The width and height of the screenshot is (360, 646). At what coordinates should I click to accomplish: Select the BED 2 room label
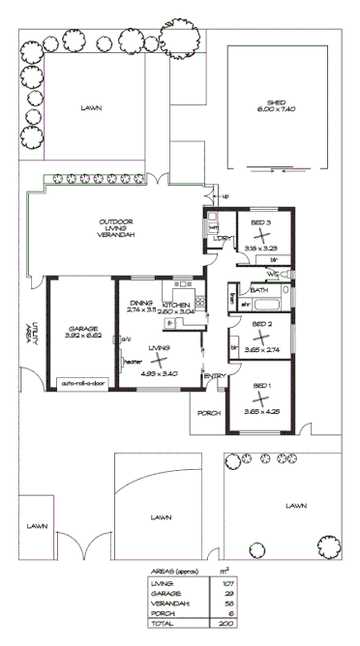[262, 324]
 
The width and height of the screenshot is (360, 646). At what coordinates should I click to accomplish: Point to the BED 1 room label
[262, 386]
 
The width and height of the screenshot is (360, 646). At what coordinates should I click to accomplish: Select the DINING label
[142, 303]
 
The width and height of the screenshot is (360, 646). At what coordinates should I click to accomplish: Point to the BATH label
[259, 290]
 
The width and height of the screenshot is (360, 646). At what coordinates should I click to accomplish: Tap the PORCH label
[209, 413]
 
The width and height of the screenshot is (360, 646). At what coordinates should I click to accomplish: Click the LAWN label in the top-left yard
[93, 109]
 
